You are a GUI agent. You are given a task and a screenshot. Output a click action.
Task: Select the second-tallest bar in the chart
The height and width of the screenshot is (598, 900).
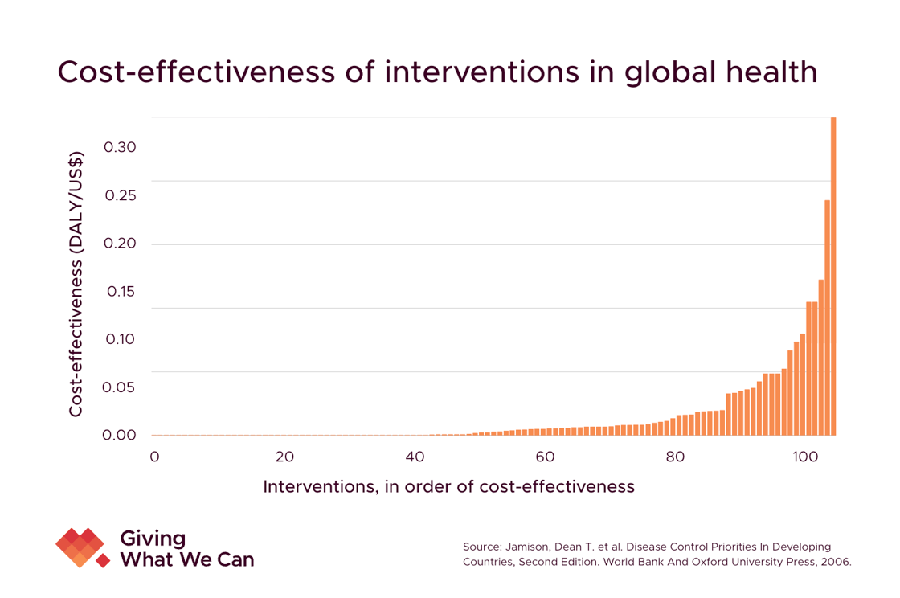[827, 317]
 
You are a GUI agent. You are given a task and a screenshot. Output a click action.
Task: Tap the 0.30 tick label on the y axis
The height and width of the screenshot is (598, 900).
[120, 148]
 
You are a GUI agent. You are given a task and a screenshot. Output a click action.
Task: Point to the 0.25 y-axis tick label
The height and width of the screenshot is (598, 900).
[120, 196]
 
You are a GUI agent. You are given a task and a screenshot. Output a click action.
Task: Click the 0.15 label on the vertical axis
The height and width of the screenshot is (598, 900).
[120, 291]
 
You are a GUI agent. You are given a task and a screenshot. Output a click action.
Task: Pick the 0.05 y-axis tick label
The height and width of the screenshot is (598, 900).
[120, 387]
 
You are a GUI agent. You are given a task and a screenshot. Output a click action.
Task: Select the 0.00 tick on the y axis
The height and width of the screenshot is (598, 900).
[120, 435]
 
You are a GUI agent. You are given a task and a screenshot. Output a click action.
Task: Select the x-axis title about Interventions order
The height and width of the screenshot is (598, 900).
[448, 486]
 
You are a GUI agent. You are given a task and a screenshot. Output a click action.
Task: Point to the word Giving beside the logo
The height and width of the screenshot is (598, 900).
[152, 538]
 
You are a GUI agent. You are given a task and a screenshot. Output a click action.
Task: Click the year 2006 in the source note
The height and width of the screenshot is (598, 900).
[837, 562]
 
